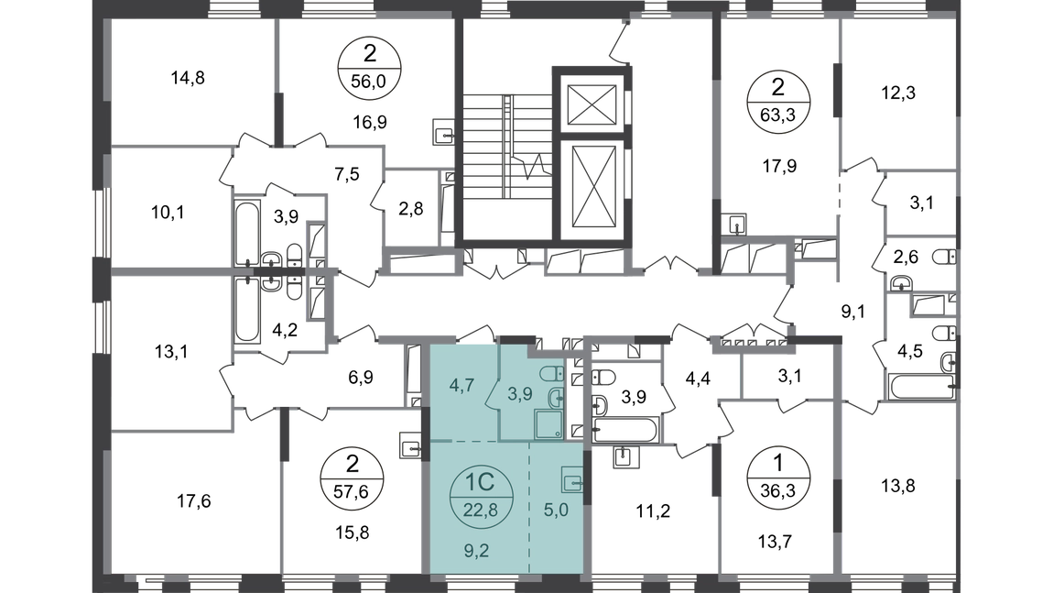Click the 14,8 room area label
coord(188,78)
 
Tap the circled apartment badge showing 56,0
coord(369,67)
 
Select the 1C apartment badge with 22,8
coord(481,495)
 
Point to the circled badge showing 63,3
coord(777,101)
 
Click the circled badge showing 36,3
coord(777,477)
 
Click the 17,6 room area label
coord(193,501)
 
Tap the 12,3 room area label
coord(898,93)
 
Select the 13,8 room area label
coord(898,486)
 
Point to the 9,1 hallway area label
coord(852,312)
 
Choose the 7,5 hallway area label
coord(346,175)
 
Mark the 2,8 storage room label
coord(410,208)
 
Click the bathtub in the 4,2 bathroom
coord(247,310)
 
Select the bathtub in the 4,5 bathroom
coord(922,387)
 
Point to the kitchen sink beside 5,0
coord(572,482)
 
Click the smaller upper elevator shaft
coord(592,104)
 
